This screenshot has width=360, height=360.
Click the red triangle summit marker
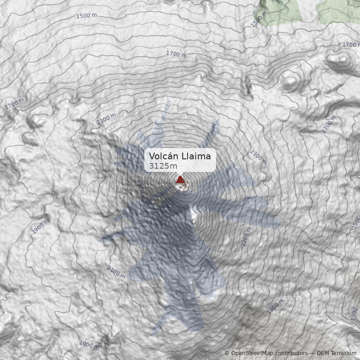180,180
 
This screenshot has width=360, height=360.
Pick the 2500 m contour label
141,189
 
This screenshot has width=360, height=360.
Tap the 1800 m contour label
275,306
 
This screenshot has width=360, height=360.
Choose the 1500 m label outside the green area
86,16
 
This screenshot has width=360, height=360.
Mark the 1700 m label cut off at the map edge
351,45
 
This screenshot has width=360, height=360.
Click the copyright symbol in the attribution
227,353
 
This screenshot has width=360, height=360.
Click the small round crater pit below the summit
193,221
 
